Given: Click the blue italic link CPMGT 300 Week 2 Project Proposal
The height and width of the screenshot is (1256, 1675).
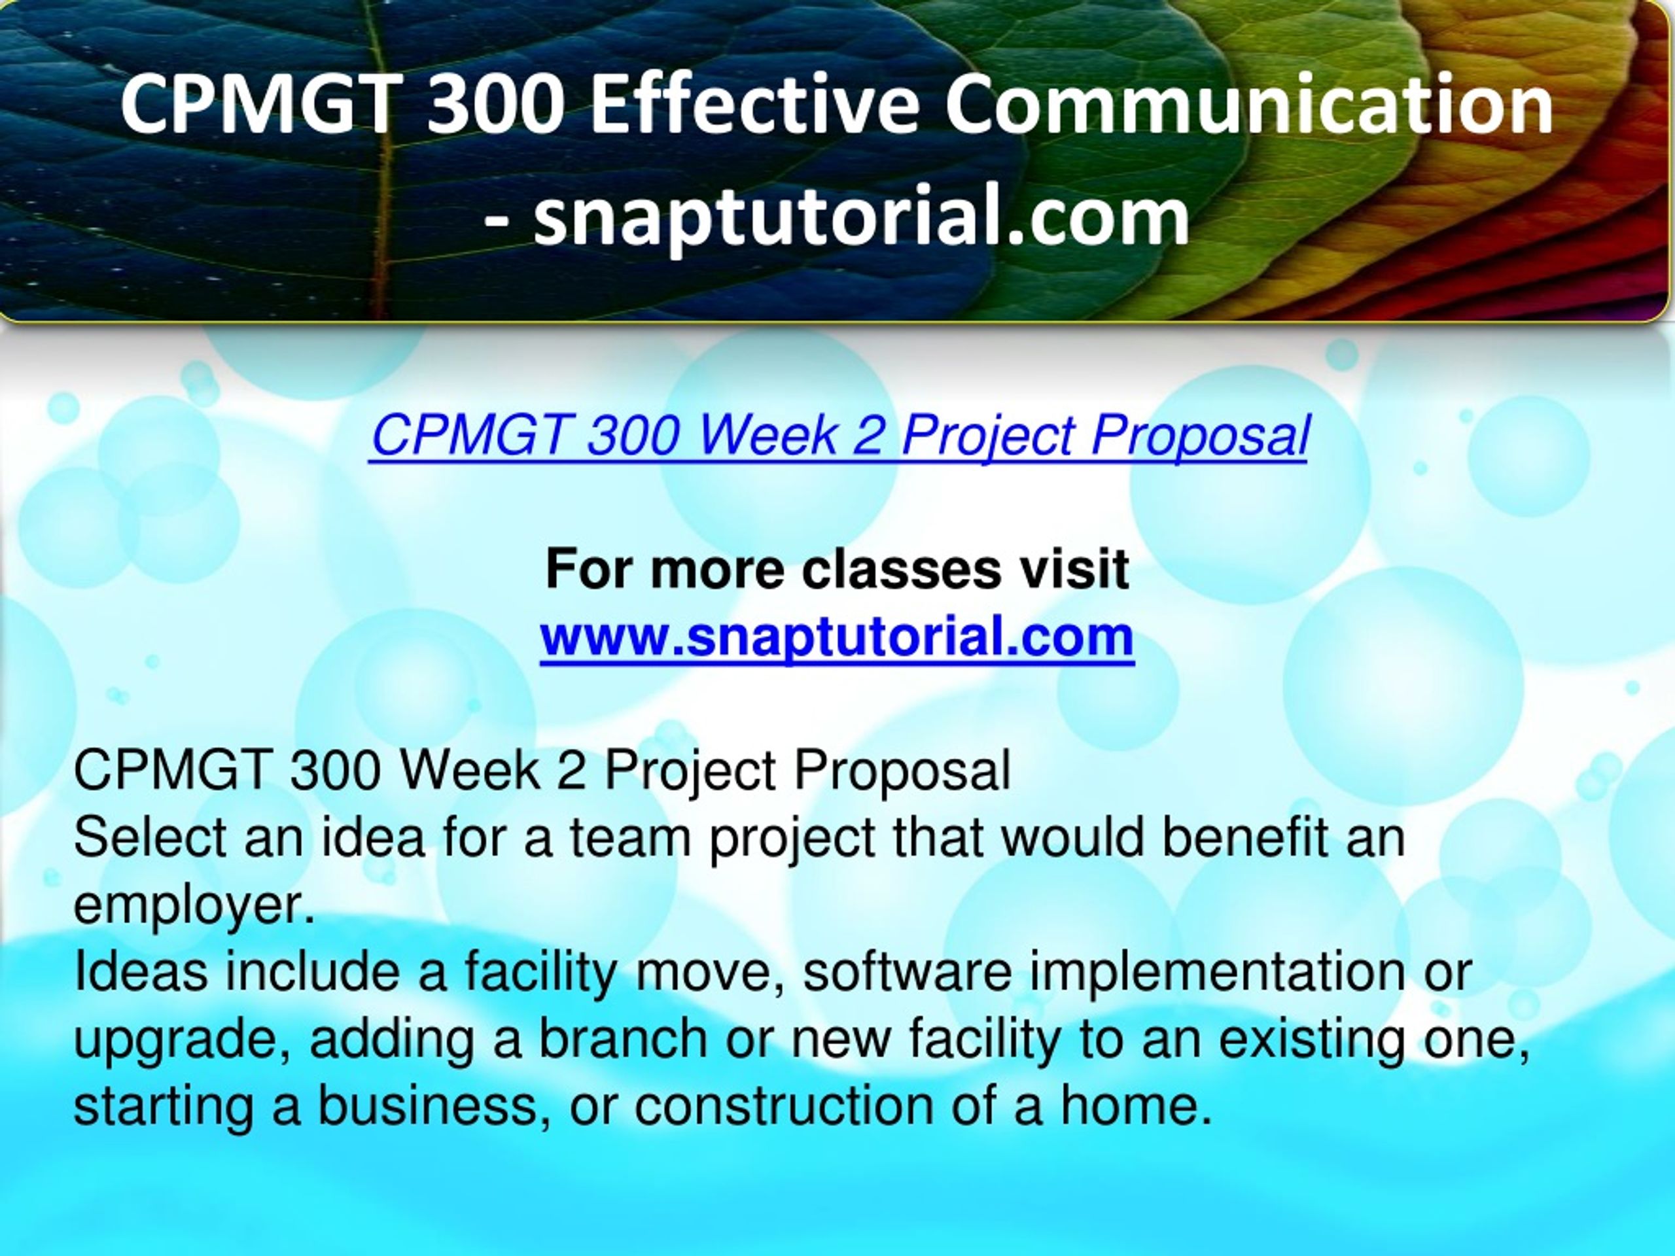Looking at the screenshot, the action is tap(839, 438).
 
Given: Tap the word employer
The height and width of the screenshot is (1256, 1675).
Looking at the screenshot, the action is tap(194, 906).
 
